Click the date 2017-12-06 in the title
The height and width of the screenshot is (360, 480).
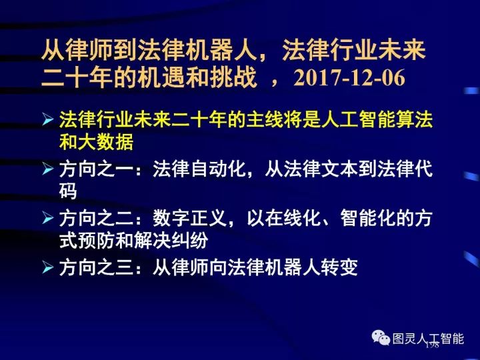tap(349, 78)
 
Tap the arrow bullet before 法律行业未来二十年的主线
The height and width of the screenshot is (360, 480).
tap(47, 121)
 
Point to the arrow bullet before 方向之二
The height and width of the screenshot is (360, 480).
tap(47, 218)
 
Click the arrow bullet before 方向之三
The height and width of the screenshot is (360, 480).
tap(47, 267)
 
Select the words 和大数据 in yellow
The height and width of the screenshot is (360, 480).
tap(97, 143)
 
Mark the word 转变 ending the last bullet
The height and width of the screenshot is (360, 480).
tap(339, 267)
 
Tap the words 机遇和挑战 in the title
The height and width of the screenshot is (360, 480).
tap(200, 78)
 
